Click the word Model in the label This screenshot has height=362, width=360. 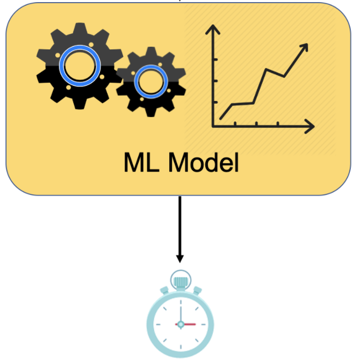203,162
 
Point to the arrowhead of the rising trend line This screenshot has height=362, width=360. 305,48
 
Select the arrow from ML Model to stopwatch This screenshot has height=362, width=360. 180,226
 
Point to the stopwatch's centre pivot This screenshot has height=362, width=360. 181,324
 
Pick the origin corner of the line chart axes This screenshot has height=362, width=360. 214,127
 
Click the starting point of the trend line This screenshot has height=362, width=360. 221,118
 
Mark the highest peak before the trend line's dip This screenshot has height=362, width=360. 265,69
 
